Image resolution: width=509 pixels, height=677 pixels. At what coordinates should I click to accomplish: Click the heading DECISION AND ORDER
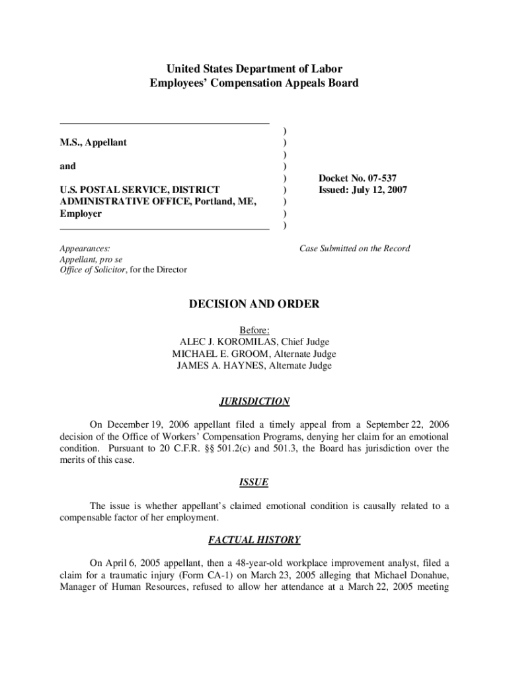pos(254,304)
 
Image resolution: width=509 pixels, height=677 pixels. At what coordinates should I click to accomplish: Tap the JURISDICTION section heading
pos(254,401)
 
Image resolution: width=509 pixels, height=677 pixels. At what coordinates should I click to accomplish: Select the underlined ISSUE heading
pos(254,483)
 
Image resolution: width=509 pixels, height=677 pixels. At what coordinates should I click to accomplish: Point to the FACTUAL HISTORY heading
pos(254,540)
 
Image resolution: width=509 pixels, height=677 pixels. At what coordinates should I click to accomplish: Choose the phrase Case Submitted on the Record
pos(354,249)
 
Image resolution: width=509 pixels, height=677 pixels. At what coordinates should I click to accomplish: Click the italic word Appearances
pos(85,249)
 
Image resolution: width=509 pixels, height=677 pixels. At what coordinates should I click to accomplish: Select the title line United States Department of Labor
pos(254,69)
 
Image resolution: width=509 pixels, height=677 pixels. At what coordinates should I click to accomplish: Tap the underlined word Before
pos(254,330)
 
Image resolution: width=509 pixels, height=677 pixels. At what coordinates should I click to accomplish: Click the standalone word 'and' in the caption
pos(67,167)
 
